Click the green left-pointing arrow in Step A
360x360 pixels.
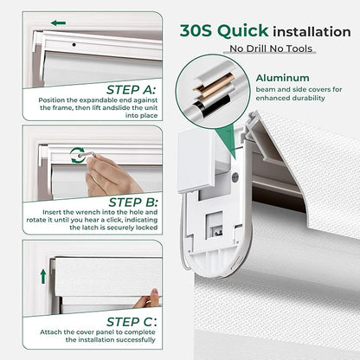[58, 23]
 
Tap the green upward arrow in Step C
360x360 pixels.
[43, 276]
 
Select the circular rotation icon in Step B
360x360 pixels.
[77, 155]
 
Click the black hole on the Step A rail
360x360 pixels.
[74, 45]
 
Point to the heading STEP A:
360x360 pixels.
[131, 90]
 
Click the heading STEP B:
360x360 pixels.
[133, 202]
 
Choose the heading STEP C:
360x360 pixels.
[132, 322]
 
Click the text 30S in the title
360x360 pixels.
[196, 31]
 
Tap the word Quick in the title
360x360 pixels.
[243, 31]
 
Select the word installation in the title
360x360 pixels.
[312, 32]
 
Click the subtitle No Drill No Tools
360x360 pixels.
[271, 48]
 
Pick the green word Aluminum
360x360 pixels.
[283, 78]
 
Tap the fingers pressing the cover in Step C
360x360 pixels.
[148, 299]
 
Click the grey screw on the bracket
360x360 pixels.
[235, 175]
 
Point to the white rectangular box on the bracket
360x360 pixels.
[196, 162]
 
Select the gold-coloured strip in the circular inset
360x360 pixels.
[213, 87]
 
